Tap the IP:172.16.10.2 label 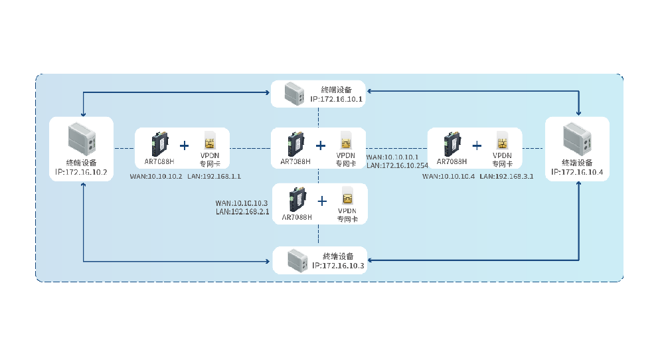click(81, 172)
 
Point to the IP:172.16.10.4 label click(577, 172)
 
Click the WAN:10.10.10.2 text click(156, 177)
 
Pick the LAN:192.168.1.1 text click(214, 177)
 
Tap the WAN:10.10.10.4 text click(448, 177)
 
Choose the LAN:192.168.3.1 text click(507, 177)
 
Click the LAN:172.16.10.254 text click(398, 165)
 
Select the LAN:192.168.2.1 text click(242, 211)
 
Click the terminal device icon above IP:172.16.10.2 click(82, 139)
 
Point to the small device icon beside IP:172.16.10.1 click(293, 94)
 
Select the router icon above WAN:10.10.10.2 click(159, 143)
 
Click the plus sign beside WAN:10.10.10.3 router click(323, 201)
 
